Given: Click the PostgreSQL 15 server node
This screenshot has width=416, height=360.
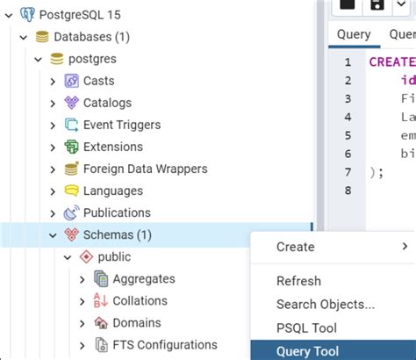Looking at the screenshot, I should tap(80, 14).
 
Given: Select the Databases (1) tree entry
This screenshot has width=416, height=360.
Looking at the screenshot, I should tap(91, 37).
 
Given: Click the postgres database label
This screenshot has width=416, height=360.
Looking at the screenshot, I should tap(92, 59).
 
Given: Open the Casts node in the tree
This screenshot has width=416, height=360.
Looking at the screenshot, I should tap(98, 81).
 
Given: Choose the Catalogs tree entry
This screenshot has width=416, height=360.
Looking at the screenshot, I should tap(107, 103).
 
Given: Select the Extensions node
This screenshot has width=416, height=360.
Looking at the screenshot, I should tap(112, 147).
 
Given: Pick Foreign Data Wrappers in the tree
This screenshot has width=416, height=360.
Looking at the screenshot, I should tap(145, 169).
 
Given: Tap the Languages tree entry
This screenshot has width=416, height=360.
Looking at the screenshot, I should tap(112, 191).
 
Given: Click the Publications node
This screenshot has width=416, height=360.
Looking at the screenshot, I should tap(117, 212).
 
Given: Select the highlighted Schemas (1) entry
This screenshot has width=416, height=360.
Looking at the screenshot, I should tap(117, 235).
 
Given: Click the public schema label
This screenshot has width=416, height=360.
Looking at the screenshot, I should tap(114, 257).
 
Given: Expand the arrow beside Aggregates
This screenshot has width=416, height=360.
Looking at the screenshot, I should tap(82, 279).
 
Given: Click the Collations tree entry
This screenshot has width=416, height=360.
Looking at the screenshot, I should tap(140, 301).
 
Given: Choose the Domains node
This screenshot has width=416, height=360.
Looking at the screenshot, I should tap(136, 323).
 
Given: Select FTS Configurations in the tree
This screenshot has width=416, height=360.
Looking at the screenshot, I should tap(164, 345).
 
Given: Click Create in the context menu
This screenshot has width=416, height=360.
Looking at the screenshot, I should tap(295, 247).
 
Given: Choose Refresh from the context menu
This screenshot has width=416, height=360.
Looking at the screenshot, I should tap(298, 282).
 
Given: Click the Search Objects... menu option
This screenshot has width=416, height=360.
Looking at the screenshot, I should tap(325, 305).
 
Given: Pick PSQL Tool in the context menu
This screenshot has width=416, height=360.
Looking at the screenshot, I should tap(306, 328).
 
